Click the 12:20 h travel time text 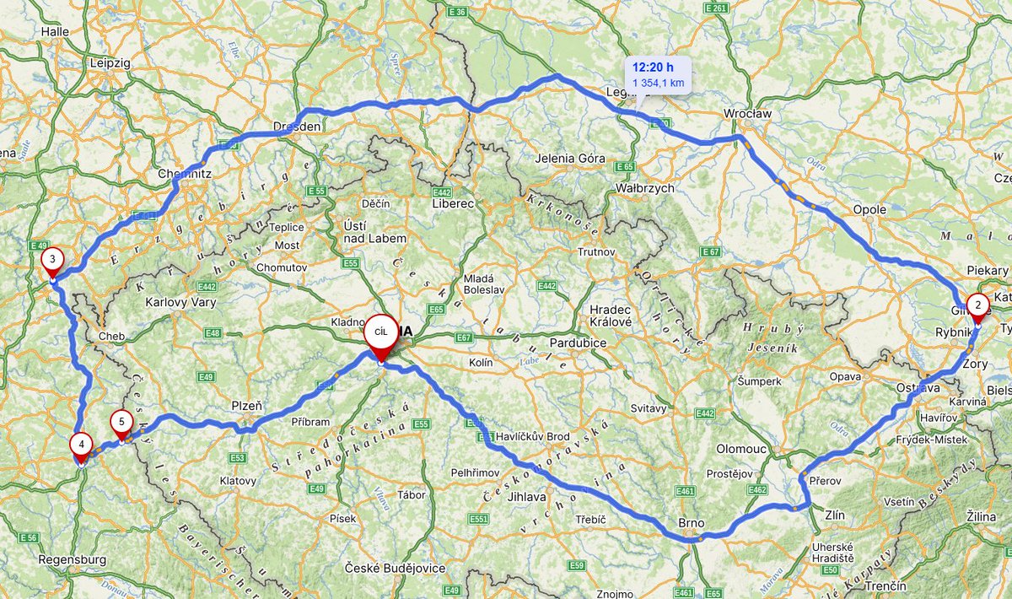coord(653,67)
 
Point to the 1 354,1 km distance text coord(658,83)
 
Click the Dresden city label coord(297,127)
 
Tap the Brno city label coord(691,523)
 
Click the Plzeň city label coord(246,406)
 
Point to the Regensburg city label coord(73,559)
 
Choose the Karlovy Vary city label coord(180,302)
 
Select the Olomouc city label coord(740,449)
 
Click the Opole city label coord(869,209)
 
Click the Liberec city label coord(453,203)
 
